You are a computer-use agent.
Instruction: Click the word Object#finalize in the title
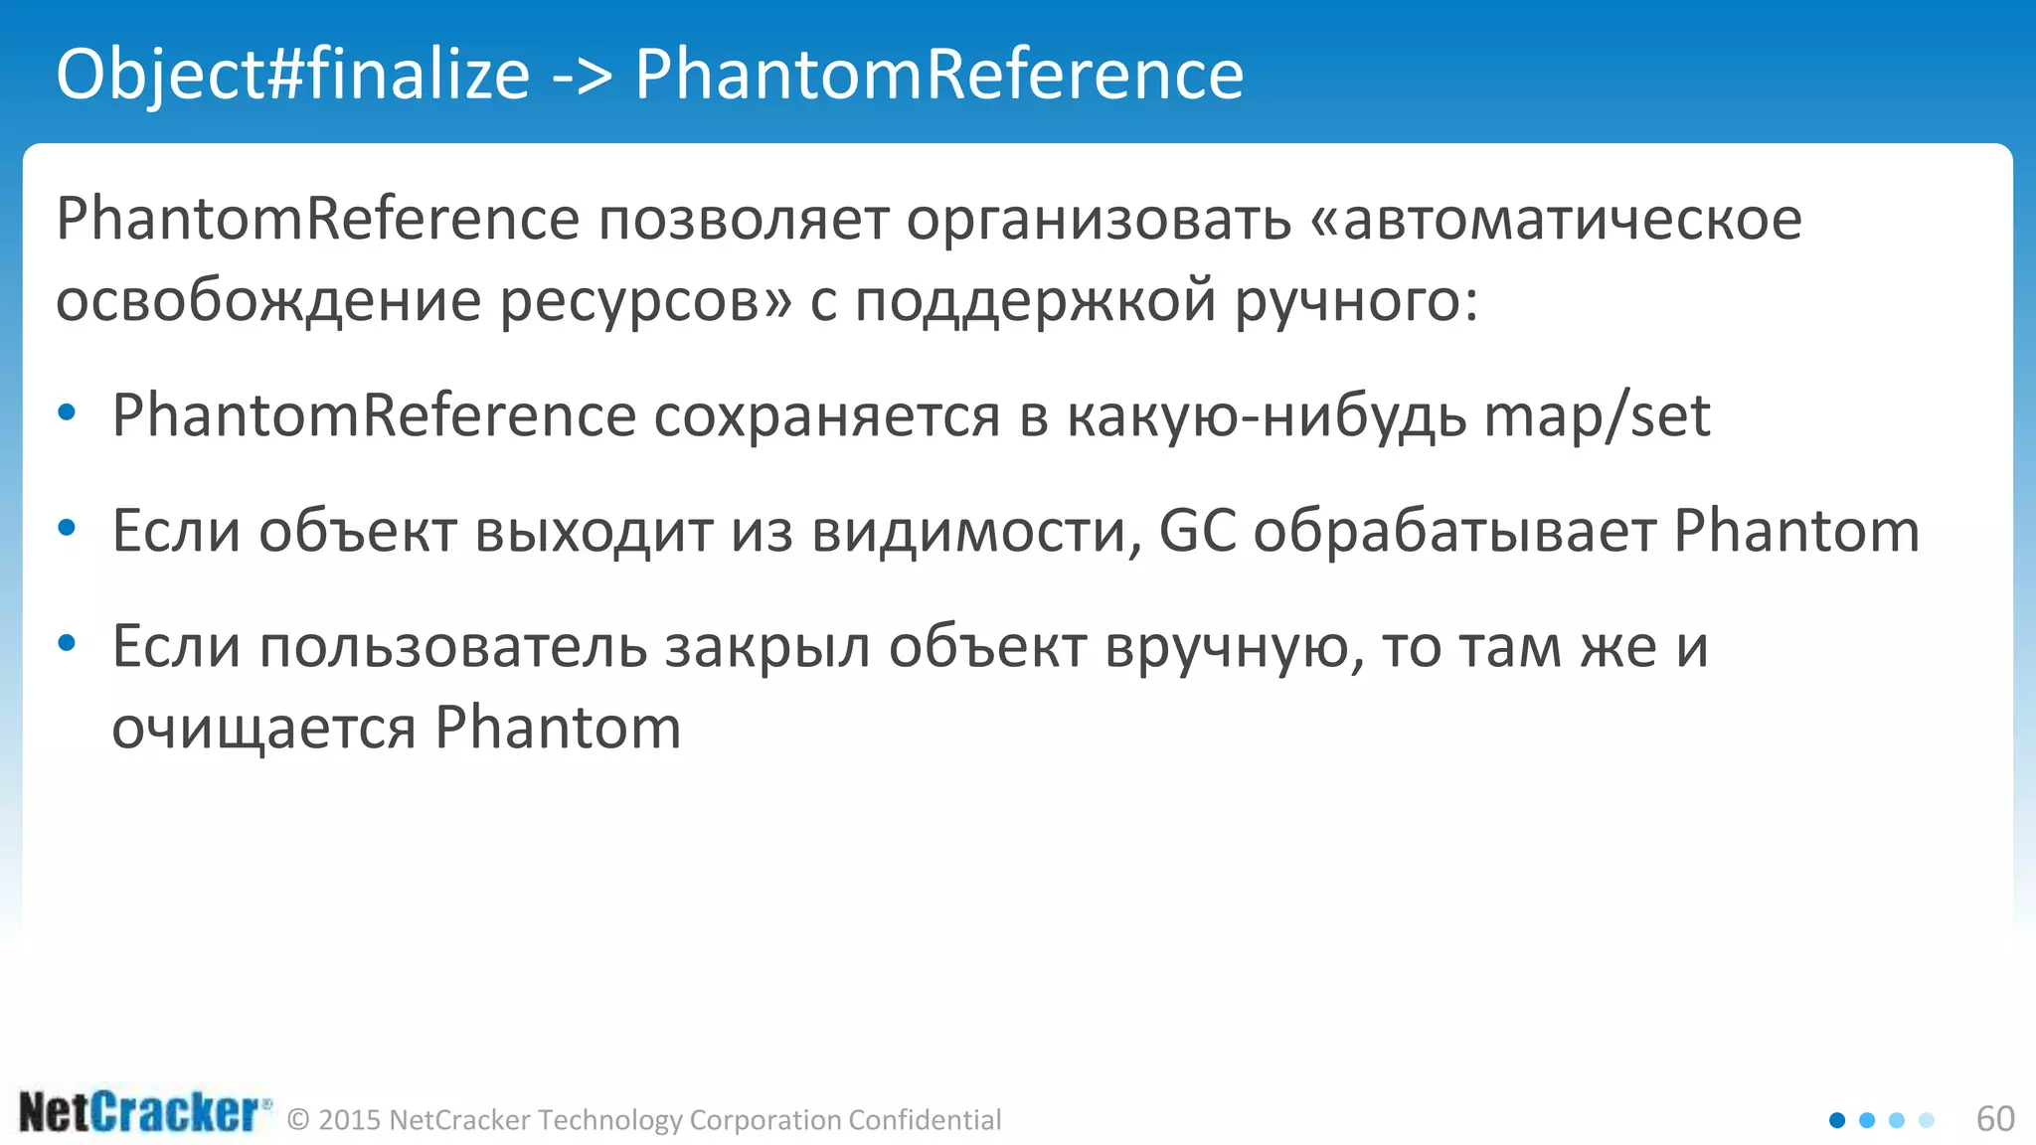point(292,75)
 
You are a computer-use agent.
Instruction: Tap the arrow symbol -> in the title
point(582,75)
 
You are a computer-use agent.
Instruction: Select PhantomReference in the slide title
point(938,75)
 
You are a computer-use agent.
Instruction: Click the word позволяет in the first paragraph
point(743,220)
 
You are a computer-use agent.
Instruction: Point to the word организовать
point(1099,220)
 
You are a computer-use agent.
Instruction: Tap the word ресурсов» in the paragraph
point(645,300)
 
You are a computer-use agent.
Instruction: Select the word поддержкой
point(1035,300)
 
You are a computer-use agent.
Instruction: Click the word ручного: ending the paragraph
point(1356,300)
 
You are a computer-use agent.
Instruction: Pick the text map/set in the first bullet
point(1597,415)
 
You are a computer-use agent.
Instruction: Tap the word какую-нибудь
point(1266,415)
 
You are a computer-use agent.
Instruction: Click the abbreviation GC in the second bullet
point(1197,531)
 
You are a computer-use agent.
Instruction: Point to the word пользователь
point(453,647)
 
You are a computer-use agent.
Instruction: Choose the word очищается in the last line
point(263,729)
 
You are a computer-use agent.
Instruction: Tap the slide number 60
point(1994,1119)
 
